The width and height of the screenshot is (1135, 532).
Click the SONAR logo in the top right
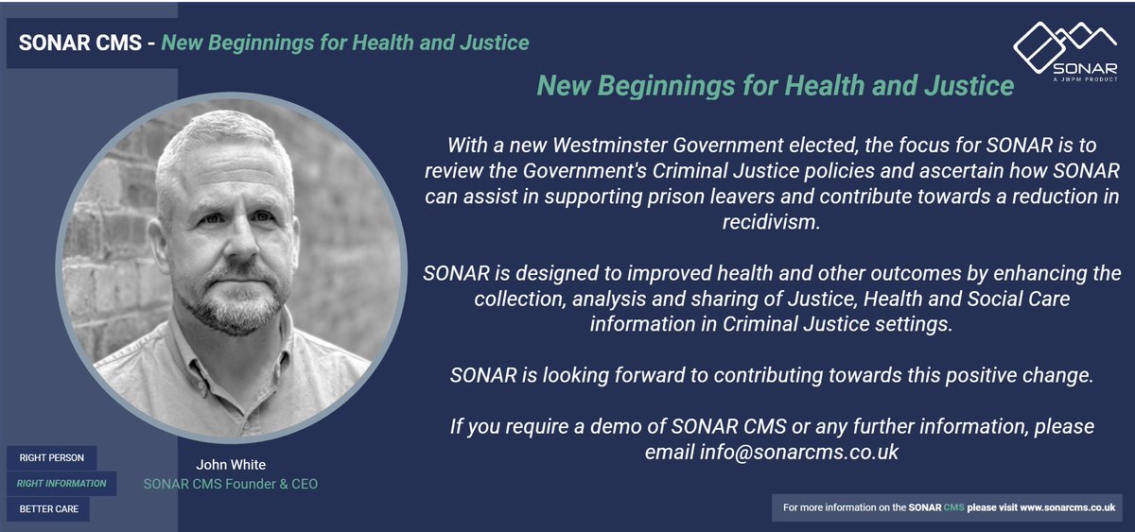(x=1064, y=51)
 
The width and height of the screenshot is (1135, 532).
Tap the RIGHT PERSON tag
(x=52, y=457)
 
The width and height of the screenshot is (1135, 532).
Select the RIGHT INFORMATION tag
(x=61, y=483)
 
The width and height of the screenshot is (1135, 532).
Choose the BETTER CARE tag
(x=49, y=509)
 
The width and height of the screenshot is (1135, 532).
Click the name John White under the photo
(x=230, y=465)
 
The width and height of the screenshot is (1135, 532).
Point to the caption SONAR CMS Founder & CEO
(x=230, y=484)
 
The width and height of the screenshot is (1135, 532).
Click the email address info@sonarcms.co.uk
(x=799, y=453)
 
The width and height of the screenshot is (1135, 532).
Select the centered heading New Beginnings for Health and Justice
(x=775, y=86)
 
